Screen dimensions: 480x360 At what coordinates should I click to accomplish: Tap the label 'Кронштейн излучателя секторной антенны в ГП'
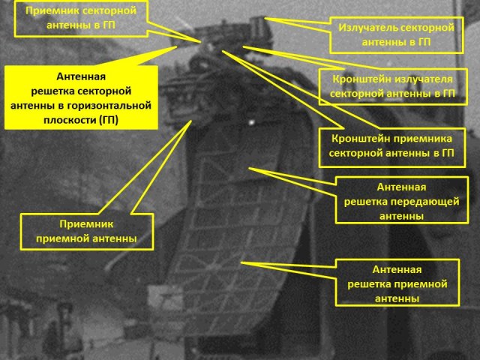tap(391, 86)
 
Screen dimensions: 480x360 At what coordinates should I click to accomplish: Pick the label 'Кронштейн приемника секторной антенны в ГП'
tap(392, 145)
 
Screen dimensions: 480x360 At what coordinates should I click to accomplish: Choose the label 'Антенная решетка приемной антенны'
tap(397, 283)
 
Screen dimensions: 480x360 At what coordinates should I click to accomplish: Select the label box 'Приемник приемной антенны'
tap(85, 231)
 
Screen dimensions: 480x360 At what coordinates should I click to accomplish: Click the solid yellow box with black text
tap(81, 97)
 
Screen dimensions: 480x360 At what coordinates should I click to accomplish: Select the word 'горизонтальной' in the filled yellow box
tap(109, 106)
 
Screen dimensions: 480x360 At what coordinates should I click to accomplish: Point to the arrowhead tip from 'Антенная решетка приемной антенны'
tap(241, 262)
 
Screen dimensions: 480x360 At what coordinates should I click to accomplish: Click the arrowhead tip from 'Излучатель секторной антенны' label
tap(266, 19)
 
